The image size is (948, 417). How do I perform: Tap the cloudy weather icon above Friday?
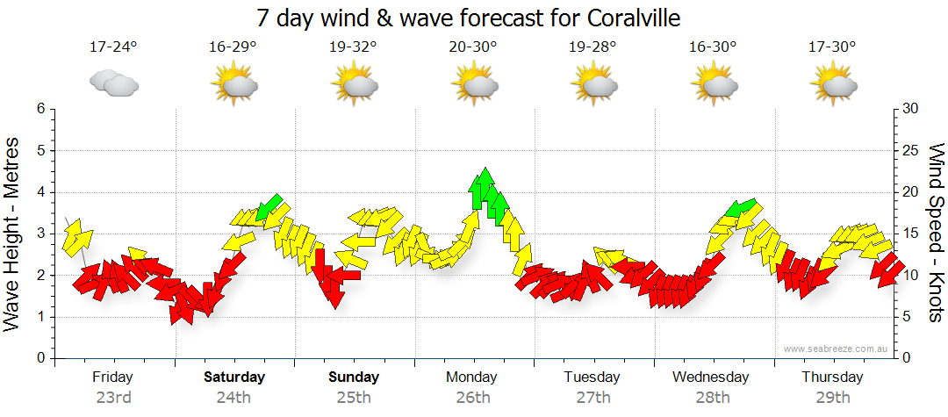[x=114, y=83]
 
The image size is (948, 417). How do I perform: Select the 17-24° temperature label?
[x=113, y=47]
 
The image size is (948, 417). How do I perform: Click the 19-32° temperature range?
[x=354, y=47]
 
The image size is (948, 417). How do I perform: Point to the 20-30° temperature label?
[x=473, y=47]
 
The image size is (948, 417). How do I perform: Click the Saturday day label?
[x=234, y=377]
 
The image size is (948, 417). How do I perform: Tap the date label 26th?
[x=473, y=398]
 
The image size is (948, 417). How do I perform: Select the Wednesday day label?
[x=711, y=377]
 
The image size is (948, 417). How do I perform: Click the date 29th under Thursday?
[x=831, y=398]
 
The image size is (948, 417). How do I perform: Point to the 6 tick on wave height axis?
[x=39, y=109]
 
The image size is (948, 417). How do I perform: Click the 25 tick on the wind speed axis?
[x=910, y=151]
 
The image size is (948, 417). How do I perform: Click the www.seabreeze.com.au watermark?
[x=837, y=349]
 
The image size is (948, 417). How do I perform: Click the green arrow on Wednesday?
[x=742, y=208]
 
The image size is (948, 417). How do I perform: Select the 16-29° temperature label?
[x=233, y=47]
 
